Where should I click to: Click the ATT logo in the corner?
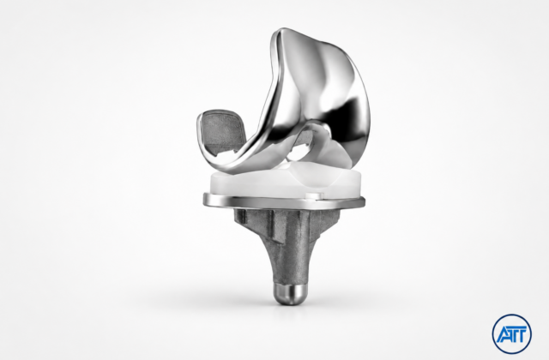pos(511,333)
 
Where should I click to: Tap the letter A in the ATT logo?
pos(504,335)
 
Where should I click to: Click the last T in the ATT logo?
pos(522,335)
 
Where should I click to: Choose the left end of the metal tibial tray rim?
pos(204,200)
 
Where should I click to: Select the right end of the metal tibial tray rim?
pos(364,201)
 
